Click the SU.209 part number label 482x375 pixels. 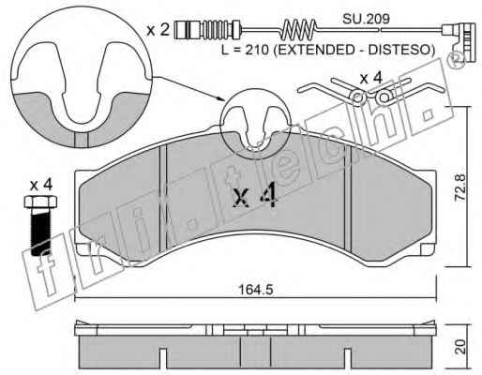(366, 19)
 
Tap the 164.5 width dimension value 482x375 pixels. (256, 290)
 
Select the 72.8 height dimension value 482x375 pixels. (459, 187)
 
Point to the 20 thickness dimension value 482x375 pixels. (459, 347)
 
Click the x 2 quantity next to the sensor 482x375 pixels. (158, 30)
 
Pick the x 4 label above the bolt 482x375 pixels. (41, 186)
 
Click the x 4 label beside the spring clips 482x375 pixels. (371, 78)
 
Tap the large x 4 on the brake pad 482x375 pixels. (255, 195)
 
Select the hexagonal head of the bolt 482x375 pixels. (40, 202)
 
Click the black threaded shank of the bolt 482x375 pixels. (40, 231)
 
